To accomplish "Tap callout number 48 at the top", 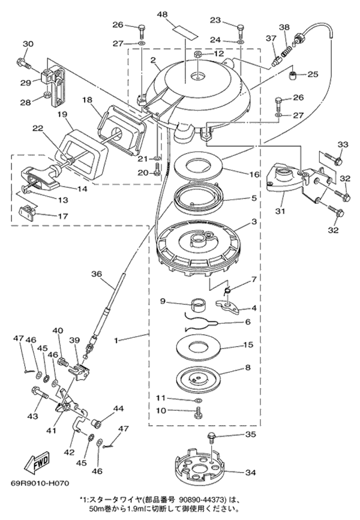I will pos(179,14).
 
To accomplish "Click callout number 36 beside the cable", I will pos(95,273).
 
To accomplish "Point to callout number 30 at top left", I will pos(28,43).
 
